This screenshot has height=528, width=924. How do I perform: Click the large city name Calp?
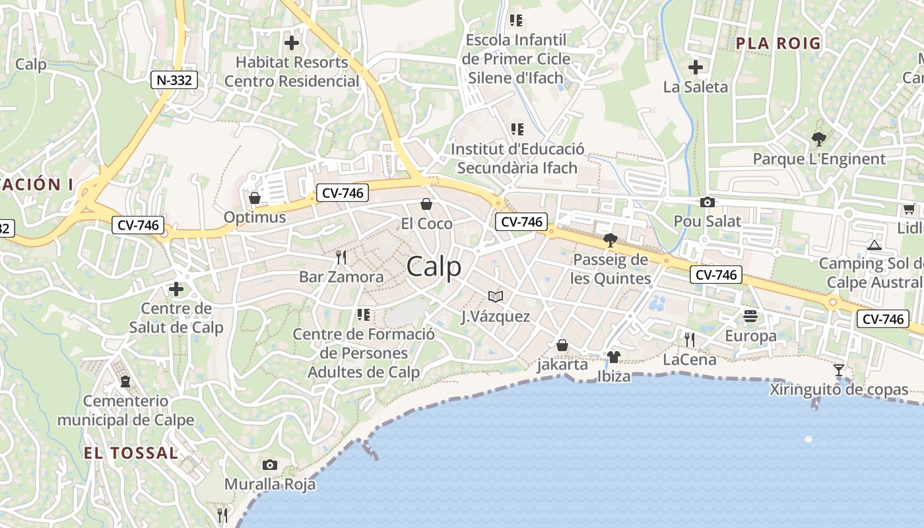tap(434, 267)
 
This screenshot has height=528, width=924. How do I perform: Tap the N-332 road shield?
tap(174, 81)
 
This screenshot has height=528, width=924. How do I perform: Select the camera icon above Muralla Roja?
tap(269, 465)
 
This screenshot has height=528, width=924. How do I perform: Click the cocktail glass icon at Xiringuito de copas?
tap(838, 370)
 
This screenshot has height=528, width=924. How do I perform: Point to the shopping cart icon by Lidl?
tap(908, 209)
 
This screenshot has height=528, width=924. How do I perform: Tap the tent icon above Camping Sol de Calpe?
tap(874, 245)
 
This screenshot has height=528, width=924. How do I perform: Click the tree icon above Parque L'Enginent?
tap(818, 139)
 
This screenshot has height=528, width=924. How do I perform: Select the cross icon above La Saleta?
tap(695, 67)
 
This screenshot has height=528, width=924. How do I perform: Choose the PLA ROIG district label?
tap(778, 44)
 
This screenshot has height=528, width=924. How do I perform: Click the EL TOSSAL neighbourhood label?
tap(131, 453)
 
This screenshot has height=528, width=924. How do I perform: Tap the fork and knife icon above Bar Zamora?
tap(341, 257)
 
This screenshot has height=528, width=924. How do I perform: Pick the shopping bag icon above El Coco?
tap(426, 204)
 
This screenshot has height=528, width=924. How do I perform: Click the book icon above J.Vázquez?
tap(495, 297)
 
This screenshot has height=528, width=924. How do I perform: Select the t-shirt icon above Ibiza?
tap(613, 357)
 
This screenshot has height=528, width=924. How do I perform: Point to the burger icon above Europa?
tap(750, 317)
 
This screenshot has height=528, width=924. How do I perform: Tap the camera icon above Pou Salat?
tap(708, 202)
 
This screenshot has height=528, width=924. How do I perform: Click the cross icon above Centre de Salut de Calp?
tap(176, 289)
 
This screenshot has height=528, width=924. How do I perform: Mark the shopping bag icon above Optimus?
tap(254, 198)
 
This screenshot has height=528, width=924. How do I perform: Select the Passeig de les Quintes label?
tap(611, 269)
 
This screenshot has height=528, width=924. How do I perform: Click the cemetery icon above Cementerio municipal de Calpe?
tap(125, 381)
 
